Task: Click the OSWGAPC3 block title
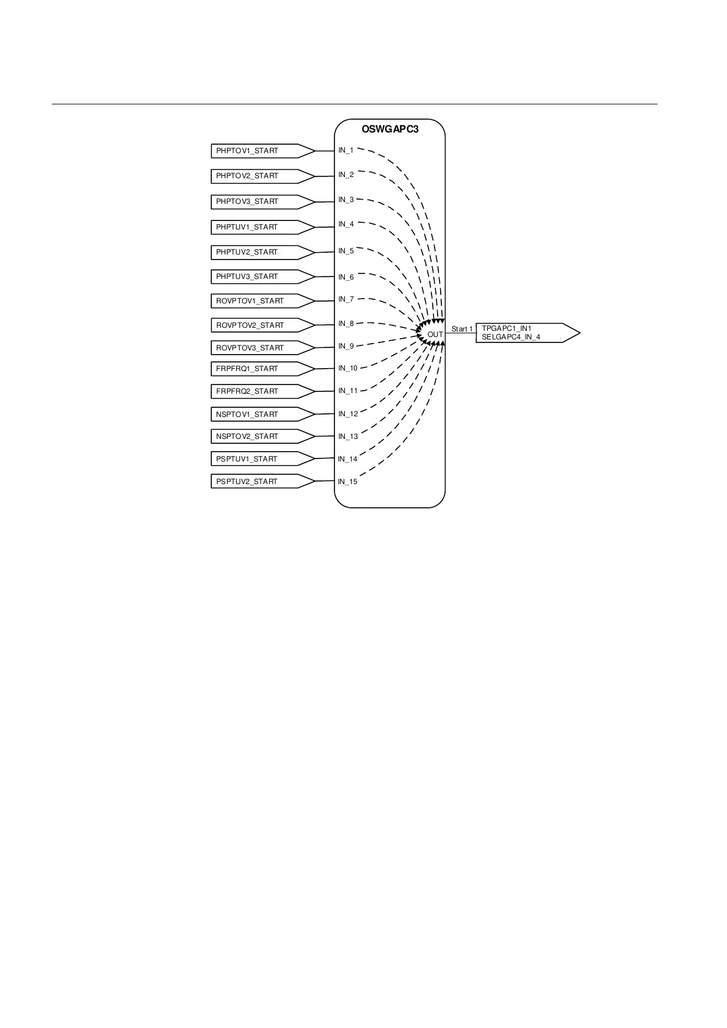[389, 129]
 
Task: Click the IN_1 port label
[346, 150]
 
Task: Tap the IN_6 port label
[346, 277]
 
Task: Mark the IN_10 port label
[348, 368]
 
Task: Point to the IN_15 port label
[348, 482]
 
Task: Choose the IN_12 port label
[348, 414]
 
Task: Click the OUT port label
[435, 335]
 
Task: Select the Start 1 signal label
[462, 329]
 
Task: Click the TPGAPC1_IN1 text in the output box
[506, 328]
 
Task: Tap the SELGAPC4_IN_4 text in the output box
[511, 337]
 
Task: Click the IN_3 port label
[346, 200]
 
